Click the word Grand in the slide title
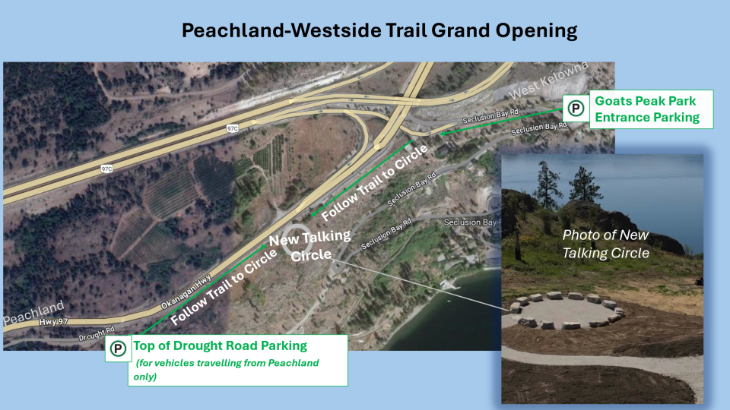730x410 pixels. pos(461,30)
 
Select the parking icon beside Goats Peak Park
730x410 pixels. pos(576,109)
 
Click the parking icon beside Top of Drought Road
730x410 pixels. pos(118,348)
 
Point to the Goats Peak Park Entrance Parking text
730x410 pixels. pos(647,109)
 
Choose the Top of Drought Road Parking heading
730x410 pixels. pos(221,346)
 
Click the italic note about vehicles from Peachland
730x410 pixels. pos(227,370)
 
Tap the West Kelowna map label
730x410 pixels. pos(548,80)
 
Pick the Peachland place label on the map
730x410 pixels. pos(33,314)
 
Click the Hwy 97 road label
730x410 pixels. pos(53,322)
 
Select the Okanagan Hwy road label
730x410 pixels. pos(186,292)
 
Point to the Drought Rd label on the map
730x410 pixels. pos(97,334)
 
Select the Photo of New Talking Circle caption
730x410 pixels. pos(606,244)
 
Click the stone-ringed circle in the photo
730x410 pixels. pos(567,311)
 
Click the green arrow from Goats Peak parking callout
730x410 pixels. pos(501,121)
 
